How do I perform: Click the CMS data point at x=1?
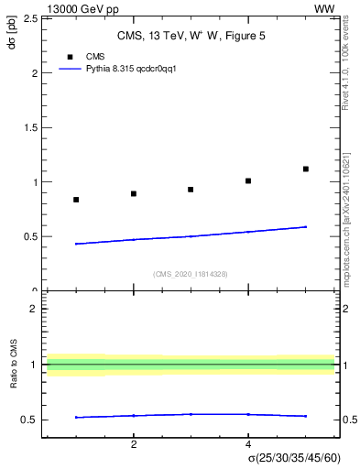pyautogui.click(x=76, y=200)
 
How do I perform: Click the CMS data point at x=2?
pyautogui.click(x=134, y=194)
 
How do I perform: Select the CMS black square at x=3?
pyautogui.click(x=191, y=190)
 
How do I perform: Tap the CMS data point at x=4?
pyautogui.click(x=248, y=180)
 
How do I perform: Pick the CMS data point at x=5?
pyautogui.click(x=306, y=169)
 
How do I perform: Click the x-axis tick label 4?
pyautogui.click(x=248, y=444)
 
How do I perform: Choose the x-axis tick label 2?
pyautogui.click(x=134, y=444)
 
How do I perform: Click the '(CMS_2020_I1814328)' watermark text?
pyautogui.click(x=191, y=274)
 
